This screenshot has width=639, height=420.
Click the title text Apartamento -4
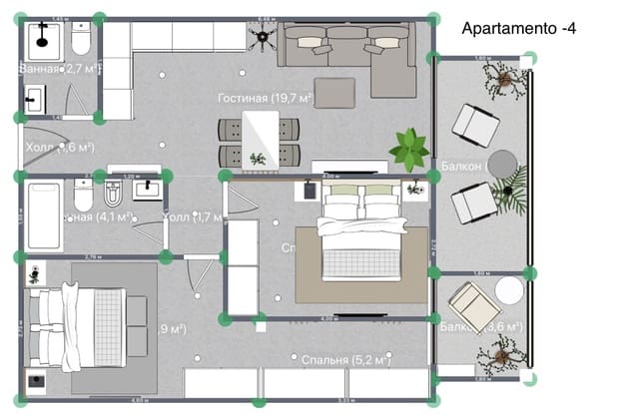518,29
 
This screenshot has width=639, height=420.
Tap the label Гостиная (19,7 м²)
266,99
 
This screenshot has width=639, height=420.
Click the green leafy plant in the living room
408,149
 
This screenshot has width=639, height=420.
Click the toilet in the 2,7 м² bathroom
81,41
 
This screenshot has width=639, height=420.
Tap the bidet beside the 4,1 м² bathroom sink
112,190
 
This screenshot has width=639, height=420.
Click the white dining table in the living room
261,141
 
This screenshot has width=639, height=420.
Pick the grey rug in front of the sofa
335,92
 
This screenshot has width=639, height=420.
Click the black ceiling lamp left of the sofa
263,39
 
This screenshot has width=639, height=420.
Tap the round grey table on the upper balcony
502,163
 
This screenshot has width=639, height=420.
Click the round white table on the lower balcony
509,290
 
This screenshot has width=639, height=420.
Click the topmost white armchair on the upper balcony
475,125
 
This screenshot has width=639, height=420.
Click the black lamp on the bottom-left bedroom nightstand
36,379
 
